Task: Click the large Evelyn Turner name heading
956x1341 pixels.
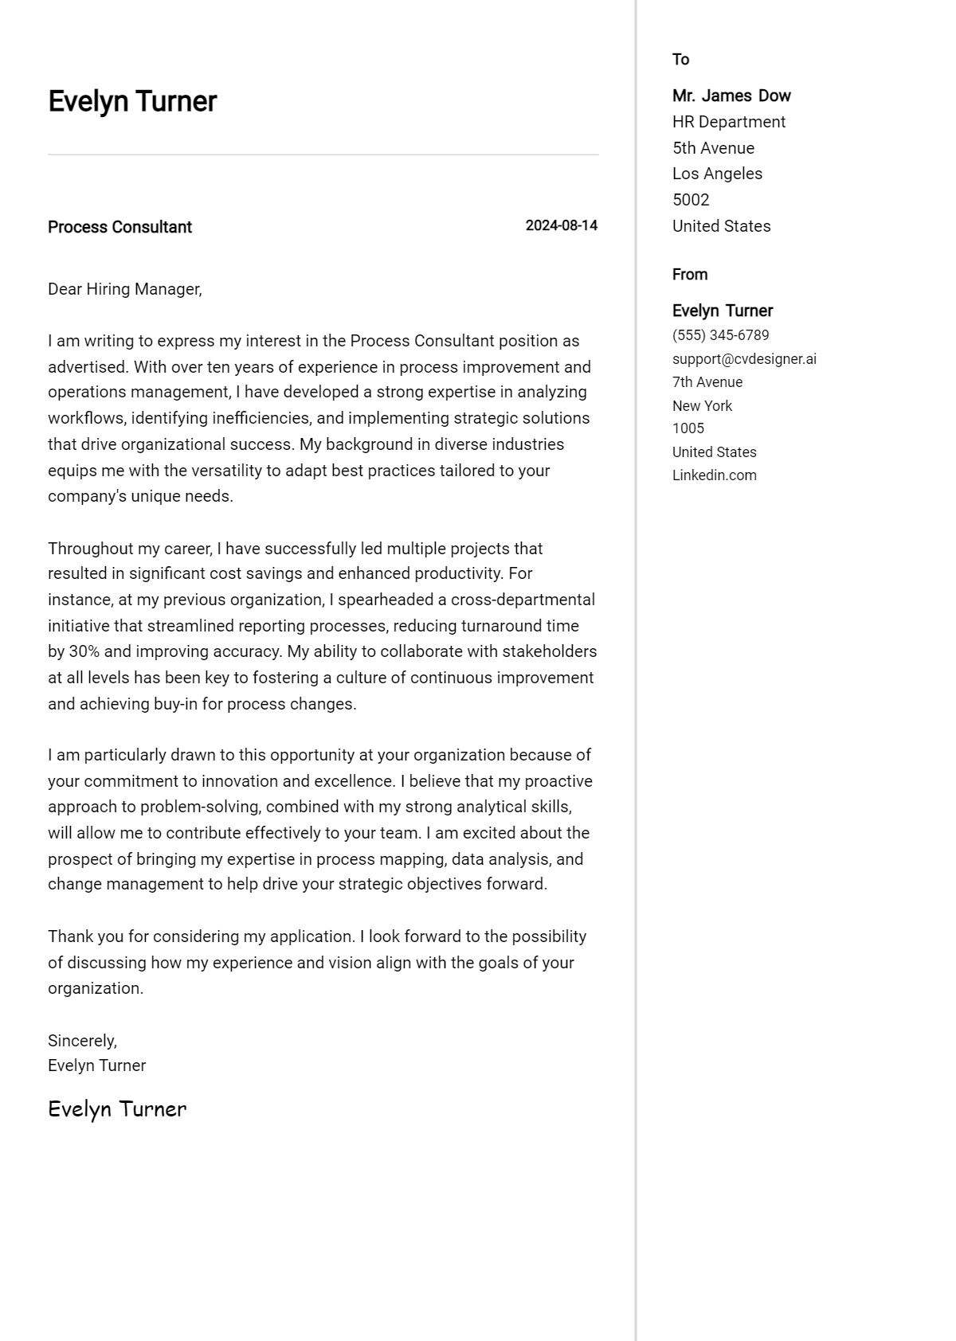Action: [132, 102]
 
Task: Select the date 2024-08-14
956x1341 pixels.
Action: [561, 225]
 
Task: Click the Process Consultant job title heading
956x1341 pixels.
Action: [119, 227]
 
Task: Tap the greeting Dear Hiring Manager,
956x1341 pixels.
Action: [125, 289]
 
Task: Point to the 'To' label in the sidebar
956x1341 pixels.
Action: [680, 60]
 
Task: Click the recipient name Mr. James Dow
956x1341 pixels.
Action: [731, 96]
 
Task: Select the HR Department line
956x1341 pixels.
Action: [728, 122]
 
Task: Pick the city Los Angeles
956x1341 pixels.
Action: [717, 174]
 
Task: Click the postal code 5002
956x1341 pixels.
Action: [690, 200]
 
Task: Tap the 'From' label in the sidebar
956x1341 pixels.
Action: [689, 275]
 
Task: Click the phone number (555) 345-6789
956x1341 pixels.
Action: [720, 335]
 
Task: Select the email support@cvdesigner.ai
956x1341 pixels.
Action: [743, 359]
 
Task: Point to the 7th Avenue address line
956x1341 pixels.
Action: [707, 382]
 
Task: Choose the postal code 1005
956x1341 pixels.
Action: [688, 428]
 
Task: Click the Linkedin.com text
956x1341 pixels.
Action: [714, 475]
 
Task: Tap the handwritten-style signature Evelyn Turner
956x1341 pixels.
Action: [117, 1109]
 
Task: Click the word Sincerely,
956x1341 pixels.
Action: [82, 1041]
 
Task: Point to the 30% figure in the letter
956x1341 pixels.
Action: [84, 651]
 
